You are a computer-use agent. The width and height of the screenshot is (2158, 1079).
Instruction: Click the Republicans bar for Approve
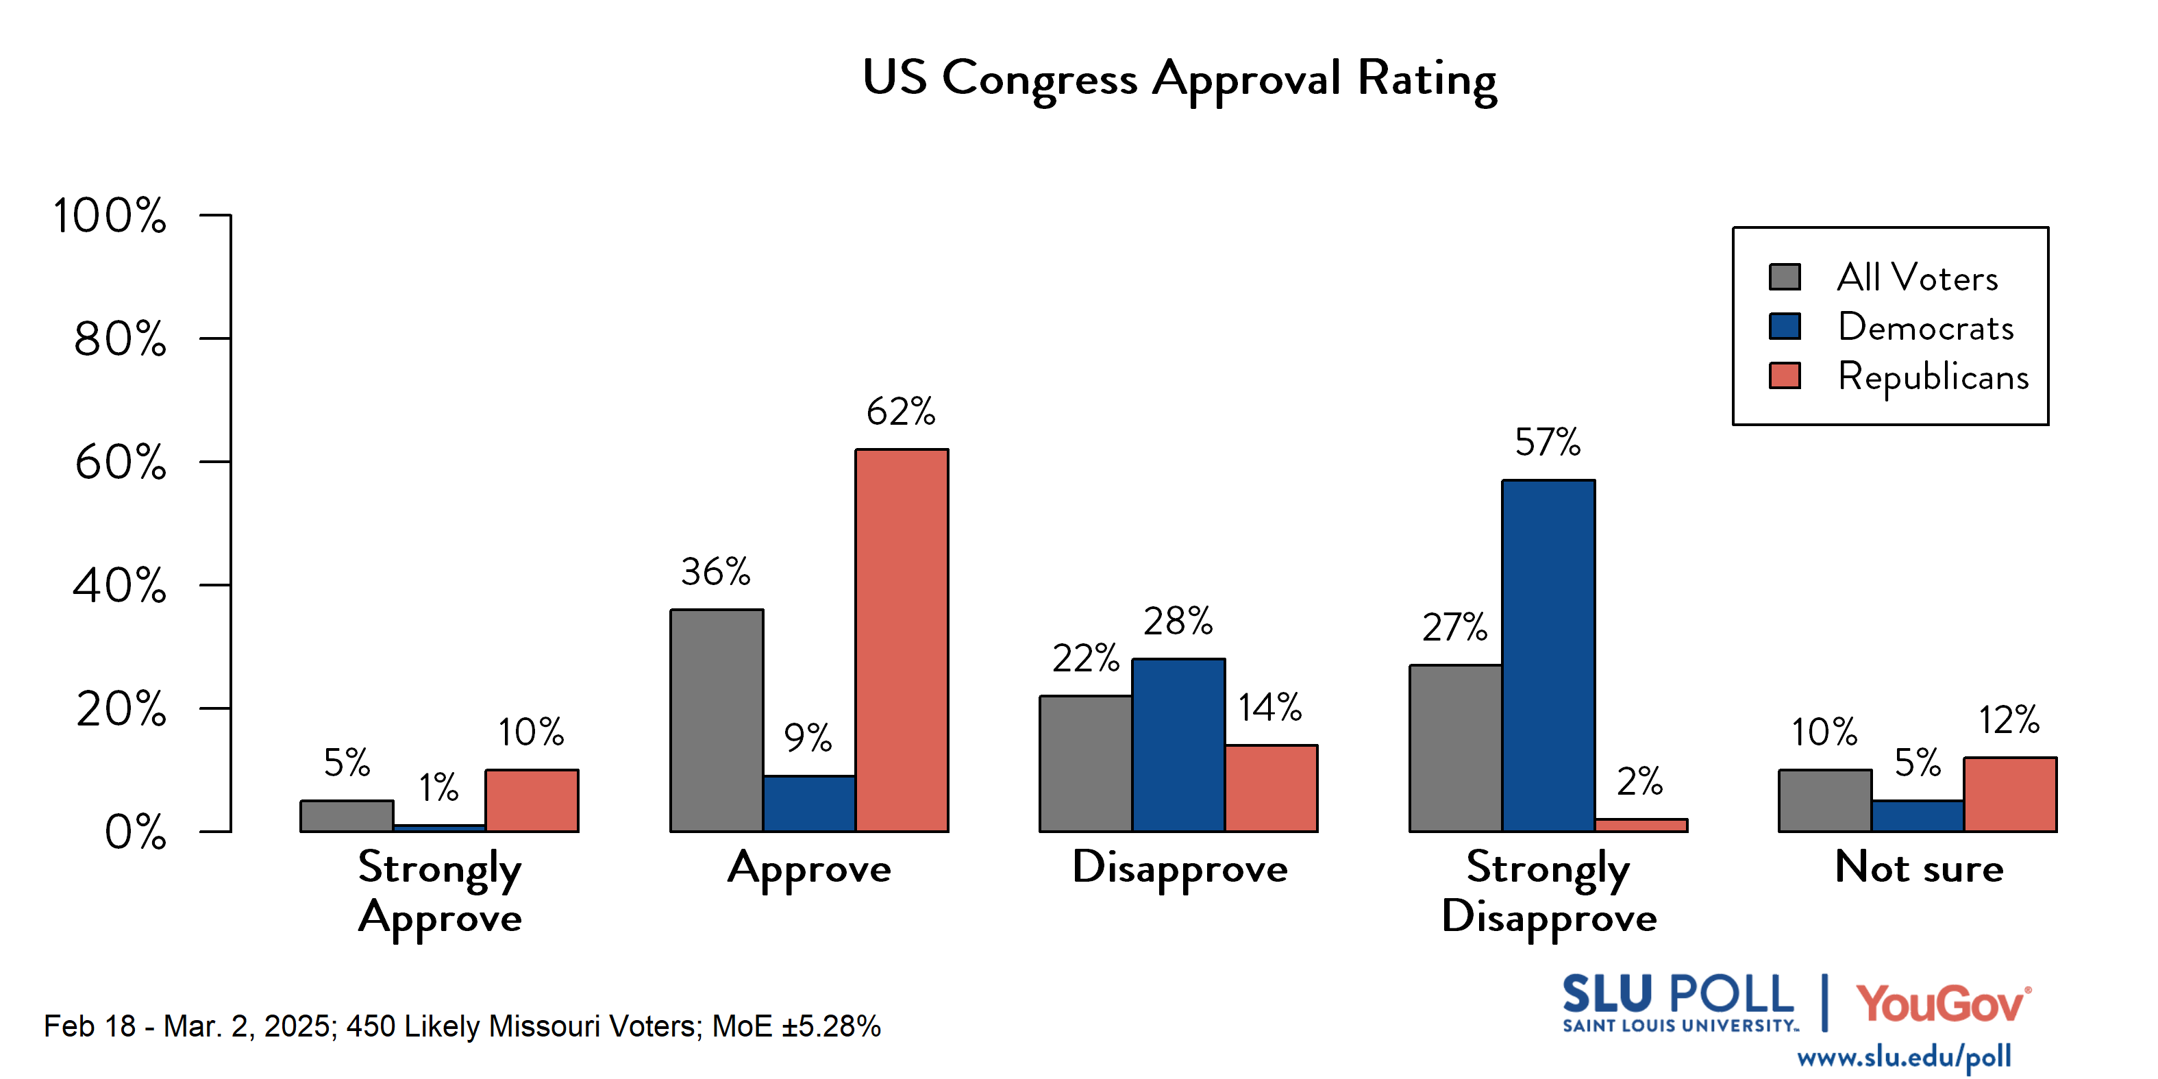point(902,641)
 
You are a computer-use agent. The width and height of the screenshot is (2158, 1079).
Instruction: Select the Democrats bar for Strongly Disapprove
point(1548,656)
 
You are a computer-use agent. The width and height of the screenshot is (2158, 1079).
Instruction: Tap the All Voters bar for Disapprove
point(1086,763)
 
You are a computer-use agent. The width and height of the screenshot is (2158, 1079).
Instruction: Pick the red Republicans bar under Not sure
point(2010,794)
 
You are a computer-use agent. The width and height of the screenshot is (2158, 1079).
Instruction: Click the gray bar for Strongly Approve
point(347,816)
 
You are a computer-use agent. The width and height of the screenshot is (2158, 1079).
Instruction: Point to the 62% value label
point(901,411)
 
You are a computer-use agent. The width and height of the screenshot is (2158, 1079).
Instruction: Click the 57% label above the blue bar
point(1548,443)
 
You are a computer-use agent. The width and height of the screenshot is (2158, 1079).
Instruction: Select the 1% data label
point(439,787)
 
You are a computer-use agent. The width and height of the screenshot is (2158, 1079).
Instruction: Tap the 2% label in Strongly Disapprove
point(1639,782)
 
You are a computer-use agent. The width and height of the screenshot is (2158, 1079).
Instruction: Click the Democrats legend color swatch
point(1785,327)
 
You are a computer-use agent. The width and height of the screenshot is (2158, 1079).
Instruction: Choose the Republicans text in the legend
point(1933,376)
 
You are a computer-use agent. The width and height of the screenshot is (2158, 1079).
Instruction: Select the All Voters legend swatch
point(1785,277)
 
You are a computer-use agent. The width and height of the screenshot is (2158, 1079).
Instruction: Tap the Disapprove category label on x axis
point(1180,868)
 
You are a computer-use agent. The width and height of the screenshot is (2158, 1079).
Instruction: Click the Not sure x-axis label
point(1918,867)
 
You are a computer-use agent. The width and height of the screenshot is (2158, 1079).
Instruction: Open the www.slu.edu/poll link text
point(1903,1057)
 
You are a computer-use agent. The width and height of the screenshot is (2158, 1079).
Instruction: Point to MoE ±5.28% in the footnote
point(796,1026)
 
